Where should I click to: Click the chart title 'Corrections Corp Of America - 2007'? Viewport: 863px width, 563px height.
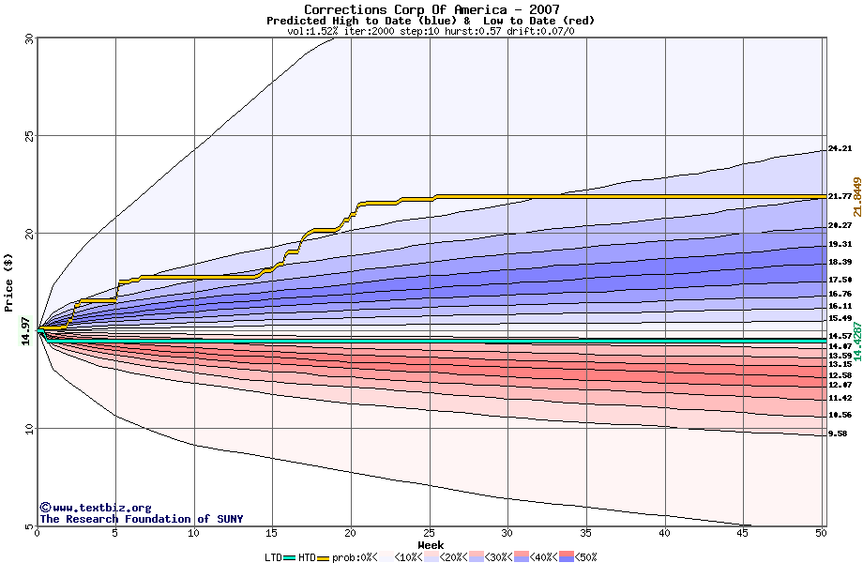tap(431, 9)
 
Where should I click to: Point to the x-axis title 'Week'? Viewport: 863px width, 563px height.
tap(431, 545)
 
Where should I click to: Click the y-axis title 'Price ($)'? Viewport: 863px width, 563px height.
tap(9, 281)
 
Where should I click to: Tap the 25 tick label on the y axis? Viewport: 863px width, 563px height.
tap(28, 135)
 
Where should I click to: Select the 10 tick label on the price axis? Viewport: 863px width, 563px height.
tap(28, 429)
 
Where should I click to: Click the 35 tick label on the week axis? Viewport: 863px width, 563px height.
tap(586, 533)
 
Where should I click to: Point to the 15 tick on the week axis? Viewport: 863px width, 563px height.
tap(272, 533)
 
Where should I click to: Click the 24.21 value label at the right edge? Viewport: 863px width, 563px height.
tap(840, 149)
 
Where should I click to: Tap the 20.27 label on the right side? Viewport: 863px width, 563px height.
tap(840, 226)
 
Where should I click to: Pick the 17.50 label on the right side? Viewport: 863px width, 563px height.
tap(840, 280)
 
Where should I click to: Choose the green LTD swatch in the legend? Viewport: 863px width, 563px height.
tap(290, 557)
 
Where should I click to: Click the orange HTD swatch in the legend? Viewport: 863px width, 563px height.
tap(326, 557)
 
